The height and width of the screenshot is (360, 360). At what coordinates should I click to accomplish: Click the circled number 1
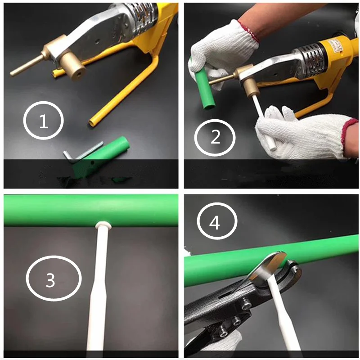(43, 121)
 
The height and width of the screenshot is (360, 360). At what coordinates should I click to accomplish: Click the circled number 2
(215, 137)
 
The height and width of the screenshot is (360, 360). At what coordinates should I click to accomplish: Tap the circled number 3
(53, 278)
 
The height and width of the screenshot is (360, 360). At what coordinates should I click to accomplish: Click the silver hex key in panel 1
(83, 153)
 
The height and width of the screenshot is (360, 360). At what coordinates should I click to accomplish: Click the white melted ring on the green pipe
(103, 225)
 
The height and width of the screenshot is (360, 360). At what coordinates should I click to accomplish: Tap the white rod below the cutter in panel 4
(281, 316)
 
